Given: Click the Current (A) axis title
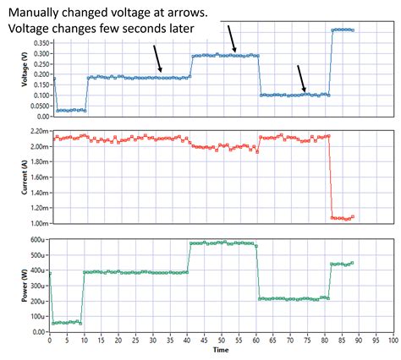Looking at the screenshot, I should (x=10, y=178).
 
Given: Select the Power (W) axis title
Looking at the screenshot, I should (x=10, y=285).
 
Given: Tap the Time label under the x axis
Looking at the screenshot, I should (x=221, y=349).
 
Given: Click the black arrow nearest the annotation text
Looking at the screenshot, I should (x=232, y=38).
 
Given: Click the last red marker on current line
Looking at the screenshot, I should (x=352, y=216).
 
